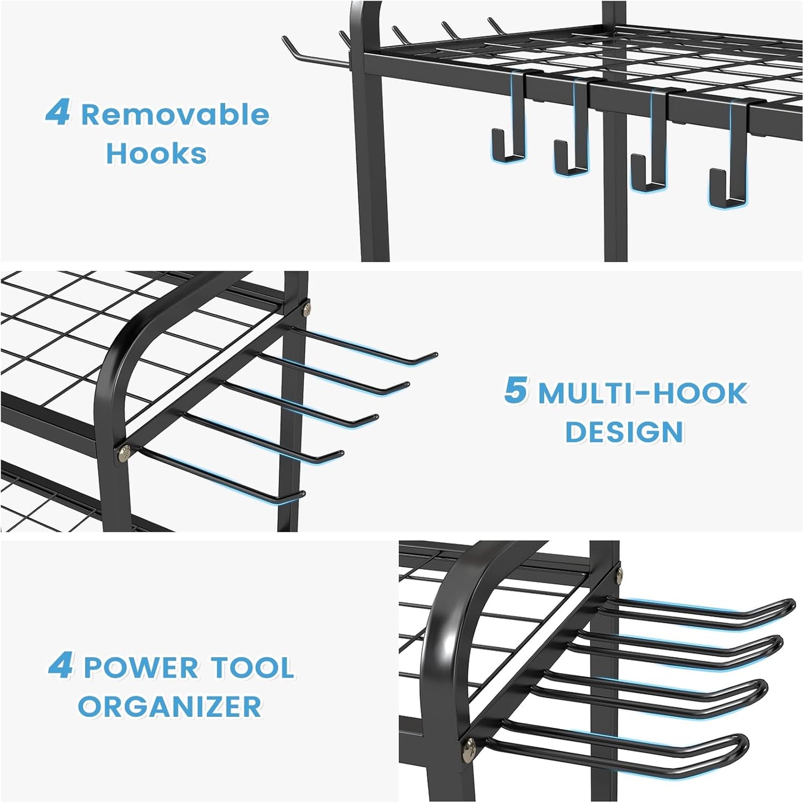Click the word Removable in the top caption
(175, 115)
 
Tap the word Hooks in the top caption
(156, 153)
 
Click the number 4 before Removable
(58, 113)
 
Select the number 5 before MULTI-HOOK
(515, 390)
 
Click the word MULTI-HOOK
(642, 394)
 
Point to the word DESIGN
(624, 432)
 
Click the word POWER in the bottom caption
(141, 668)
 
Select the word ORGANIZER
(170, 707)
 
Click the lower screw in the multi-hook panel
(123, 454)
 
